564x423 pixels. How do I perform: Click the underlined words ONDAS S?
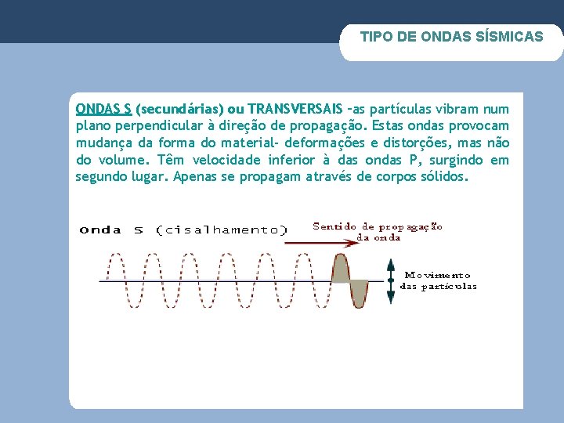pos(103,108)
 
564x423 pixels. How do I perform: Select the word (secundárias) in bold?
pos(179,108)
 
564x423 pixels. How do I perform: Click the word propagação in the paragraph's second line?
pos(328,125)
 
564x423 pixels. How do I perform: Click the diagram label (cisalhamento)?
pos(222,230)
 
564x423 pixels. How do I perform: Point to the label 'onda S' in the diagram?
pos(111,230)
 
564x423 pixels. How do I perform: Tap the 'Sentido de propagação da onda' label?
pos(378,231)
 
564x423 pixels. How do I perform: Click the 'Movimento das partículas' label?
pos(438,280)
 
